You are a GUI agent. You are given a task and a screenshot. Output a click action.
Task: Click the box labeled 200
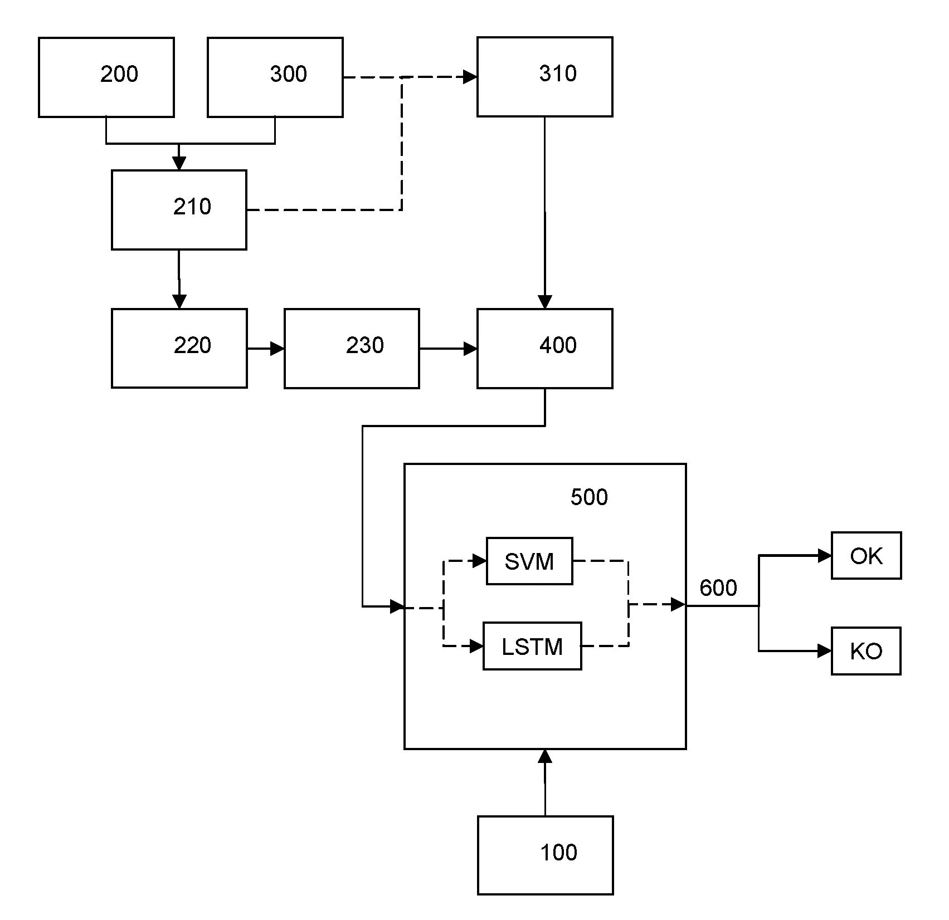[x=106, y=77]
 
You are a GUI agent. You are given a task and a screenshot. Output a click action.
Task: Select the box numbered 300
[x=275, y=77]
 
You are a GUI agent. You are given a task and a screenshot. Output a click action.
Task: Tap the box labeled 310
[x=544, y=77]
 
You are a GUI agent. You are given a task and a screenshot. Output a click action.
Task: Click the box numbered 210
[x=179, y=209]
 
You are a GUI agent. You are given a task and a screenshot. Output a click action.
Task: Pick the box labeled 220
[x=179, y=348]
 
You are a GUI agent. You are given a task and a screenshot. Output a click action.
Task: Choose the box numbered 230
[x=352, y=348]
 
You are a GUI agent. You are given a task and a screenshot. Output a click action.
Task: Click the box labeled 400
[x=544, y=348]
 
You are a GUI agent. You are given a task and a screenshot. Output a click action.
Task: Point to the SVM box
[x=529, y=561]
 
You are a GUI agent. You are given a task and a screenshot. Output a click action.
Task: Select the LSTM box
[x=532, y=646]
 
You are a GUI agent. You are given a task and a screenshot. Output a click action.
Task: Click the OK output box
[x=866, y=556]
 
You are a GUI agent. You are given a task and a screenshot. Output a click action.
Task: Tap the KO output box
[x=866, y=651]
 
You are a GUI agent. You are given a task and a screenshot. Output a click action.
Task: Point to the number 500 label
[x=589, y=497]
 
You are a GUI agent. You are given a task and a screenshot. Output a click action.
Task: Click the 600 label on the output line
[x=718, y=588]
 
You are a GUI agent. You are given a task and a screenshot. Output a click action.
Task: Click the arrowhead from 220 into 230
[x=278, y=349]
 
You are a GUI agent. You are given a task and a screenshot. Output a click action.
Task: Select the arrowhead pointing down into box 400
[x=544, y=302]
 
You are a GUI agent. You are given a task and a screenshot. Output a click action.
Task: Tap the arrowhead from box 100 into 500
[x=545, y=756]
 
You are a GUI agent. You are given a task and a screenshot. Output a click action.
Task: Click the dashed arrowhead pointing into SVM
[x=480, y=561]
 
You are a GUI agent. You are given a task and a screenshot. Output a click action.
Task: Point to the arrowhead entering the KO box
[x=825, y=650]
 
